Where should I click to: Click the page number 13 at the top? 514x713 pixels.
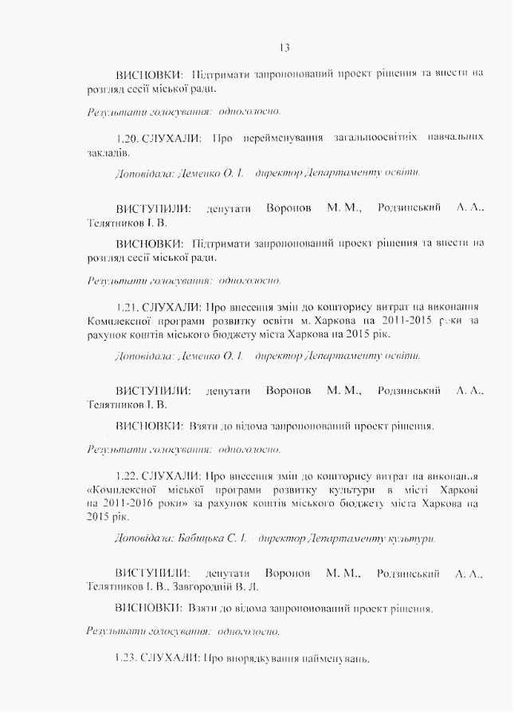pyautogui.click(x=286, y=45)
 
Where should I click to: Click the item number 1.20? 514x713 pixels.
pyautogui.click(x=128, y=138)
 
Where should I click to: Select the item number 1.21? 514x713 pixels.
pyautogui.click(x=128, y=306)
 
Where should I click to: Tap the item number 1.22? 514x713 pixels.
pyautogui.click(x=128, y=475)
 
